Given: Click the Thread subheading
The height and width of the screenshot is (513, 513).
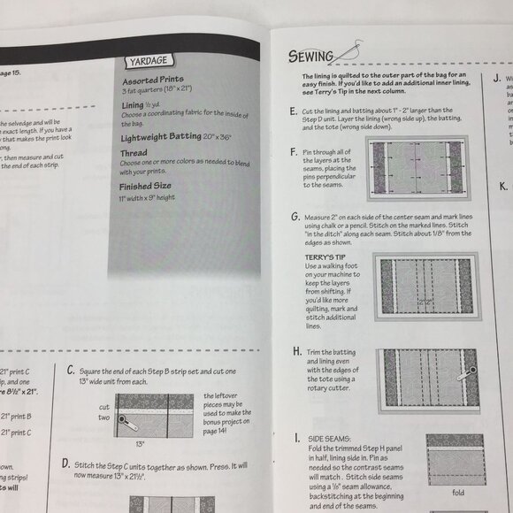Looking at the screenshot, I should click(x=134, y=152).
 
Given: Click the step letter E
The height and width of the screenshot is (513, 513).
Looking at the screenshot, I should click(x=294, y=111).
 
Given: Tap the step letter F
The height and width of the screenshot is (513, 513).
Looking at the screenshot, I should click(x=294, y=152).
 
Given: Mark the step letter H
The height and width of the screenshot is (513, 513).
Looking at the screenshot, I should click(x=295, y=352).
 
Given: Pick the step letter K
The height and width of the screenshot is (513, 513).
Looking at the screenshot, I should click(x=502, y=186).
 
